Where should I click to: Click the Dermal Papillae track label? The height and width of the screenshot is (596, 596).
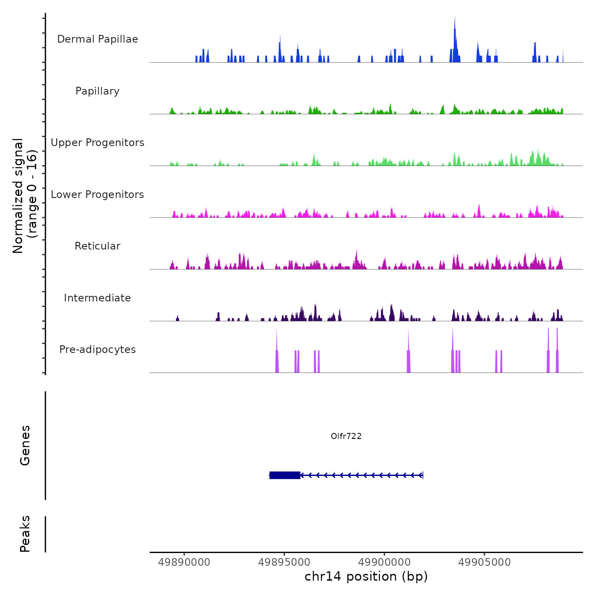[97, 39]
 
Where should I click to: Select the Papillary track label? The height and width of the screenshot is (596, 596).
[97, 91]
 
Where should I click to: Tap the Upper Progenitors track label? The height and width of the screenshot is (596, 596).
[97, 143]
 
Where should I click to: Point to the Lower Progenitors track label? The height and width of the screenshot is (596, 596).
[97, 195]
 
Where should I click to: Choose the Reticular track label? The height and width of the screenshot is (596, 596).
[97, 246]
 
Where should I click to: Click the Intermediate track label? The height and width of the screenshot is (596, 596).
[97, 298]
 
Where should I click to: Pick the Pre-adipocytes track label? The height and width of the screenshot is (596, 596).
[97, 350]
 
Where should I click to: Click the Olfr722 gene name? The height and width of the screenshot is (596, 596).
[346, 436]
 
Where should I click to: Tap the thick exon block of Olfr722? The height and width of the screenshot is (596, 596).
[285, 475]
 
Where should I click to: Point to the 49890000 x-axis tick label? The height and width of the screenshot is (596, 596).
[184, 562]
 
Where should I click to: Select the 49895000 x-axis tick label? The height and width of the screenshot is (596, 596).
[284, 562]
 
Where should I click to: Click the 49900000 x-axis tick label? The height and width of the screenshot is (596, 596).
[384, 562]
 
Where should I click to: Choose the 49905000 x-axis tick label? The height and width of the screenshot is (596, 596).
[484, 562]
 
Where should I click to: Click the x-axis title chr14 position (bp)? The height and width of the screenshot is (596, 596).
[366, 576]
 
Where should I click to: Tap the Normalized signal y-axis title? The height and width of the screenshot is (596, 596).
[25, 196]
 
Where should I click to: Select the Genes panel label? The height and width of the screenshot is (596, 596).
[25, 445]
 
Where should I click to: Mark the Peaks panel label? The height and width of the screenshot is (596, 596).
[25, 534]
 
